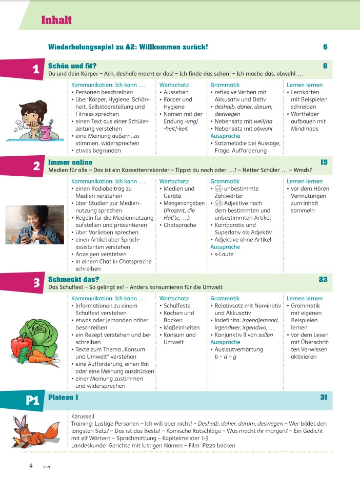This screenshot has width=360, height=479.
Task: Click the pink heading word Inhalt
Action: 56,20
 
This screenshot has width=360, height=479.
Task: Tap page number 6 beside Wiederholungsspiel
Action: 325,47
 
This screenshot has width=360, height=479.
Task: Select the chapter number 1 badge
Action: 36,70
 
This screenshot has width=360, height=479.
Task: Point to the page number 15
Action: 324,162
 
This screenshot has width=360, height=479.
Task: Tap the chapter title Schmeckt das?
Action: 73,279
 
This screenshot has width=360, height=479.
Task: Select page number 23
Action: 323,279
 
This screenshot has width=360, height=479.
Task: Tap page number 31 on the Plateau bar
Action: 323,397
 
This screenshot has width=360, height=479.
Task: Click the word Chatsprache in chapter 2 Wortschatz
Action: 181,224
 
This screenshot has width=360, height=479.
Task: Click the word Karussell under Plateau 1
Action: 83,416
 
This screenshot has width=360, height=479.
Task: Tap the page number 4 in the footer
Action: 31,466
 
